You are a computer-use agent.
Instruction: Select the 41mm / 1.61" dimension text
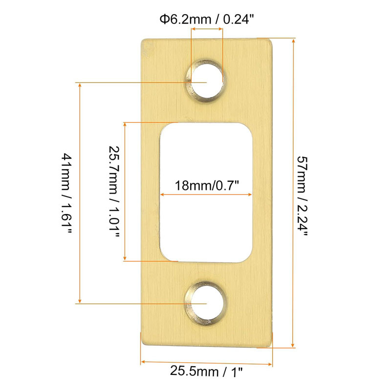67,193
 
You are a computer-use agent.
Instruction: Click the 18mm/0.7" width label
207,186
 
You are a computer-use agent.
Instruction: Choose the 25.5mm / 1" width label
206,372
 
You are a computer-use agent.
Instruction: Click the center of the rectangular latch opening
207,192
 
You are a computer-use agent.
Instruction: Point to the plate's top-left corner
143,40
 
